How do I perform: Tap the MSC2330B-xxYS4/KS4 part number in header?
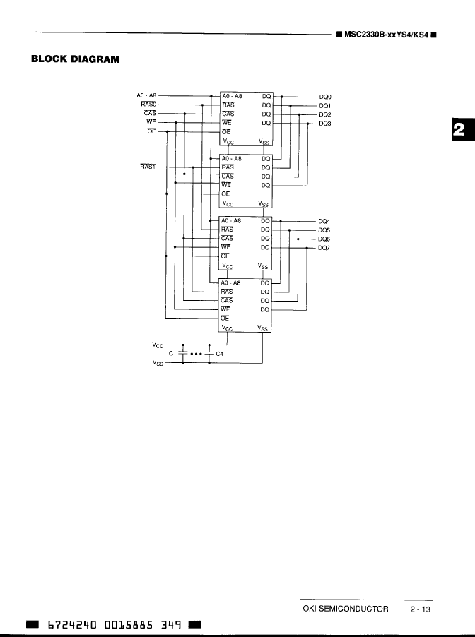384,35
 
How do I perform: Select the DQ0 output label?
325,97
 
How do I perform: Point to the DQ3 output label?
325,123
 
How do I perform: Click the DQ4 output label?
325,221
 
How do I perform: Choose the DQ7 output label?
325,248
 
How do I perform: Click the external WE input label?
151,122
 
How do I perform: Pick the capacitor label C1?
172,354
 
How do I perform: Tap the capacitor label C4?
219,354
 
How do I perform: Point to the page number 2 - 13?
419,609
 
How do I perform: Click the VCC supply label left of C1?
157,345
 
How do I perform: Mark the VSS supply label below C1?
157,363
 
